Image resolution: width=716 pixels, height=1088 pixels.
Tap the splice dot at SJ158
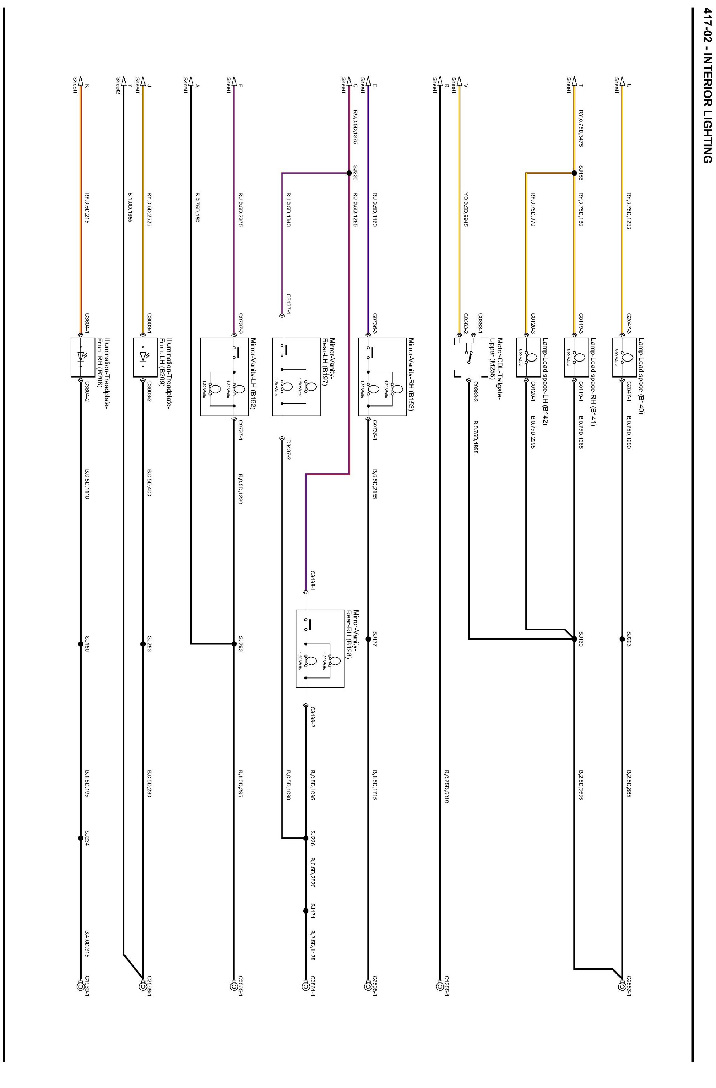(574, 173)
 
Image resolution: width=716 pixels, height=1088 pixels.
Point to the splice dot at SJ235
(349, 173)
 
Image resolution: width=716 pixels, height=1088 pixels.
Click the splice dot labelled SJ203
(622, 639)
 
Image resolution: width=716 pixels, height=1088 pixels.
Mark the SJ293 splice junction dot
(234, 644)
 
